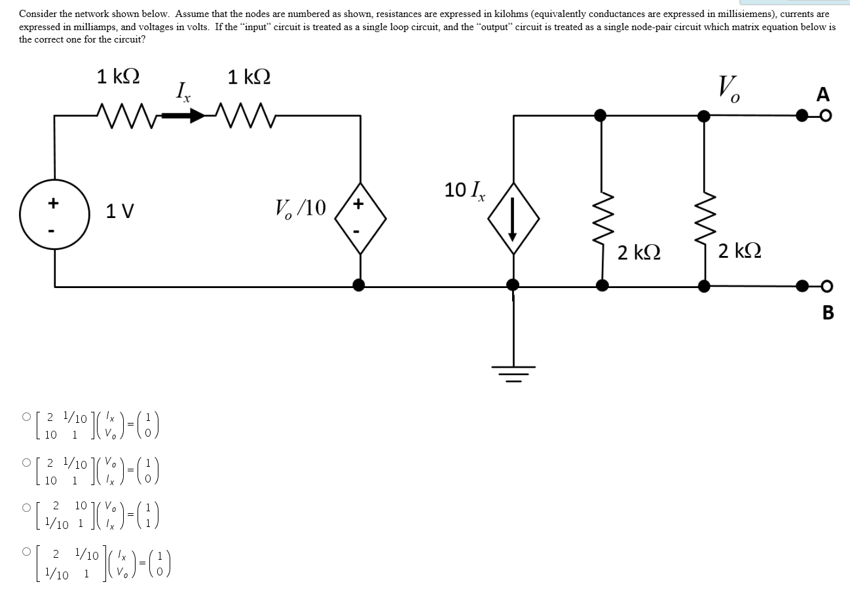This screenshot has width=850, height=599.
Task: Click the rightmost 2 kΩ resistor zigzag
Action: point(704,226)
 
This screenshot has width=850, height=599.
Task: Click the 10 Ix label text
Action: point(465,190)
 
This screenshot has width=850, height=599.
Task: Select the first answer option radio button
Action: point(26,416)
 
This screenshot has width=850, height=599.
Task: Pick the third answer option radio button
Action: point(26,507)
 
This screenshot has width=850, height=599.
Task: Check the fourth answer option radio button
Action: point(26,553)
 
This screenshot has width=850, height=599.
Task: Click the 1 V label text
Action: point(120,211)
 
